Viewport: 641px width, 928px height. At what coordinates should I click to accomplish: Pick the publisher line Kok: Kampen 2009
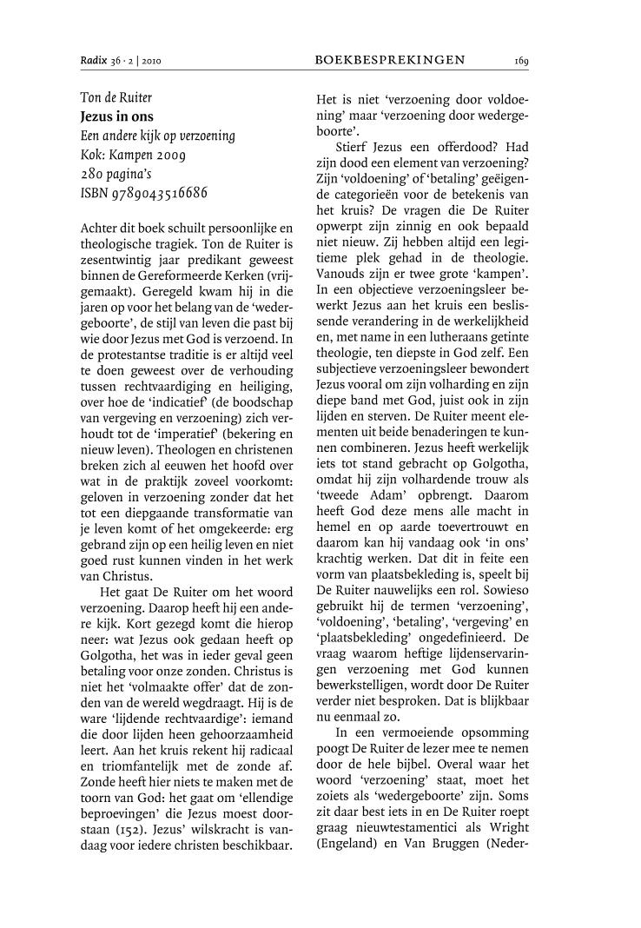(x=132, y=155)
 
